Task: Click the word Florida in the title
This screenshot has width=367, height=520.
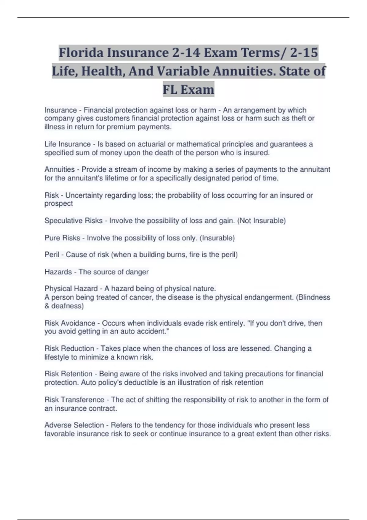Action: pos(80,53)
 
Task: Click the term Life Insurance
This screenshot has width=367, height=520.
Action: pos(68,144)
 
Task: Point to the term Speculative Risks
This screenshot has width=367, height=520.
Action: pos(73,221)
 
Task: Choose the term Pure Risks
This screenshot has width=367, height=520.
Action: pos(62,238)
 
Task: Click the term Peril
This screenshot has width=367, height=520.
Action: pos(52,254)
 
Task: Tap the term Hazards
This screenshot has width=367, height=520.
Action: pos(58,272)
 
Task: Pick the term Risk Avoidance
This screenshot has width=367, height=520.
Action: pos(70,323)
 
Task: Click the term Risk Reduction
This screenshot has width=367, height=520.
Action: pos(69,348)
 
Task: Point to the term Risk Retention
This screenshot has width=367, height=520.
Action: pos(69,374)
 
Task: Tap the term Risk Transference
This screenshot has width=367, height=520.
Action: pos(74,399)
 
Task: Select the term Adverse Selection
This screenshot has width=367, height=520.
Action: pos(74,425)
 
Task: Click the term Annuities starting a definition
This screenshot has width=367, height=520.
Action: pos(60,169)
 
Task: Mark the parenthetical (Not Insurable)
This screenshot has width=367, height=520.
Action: pos(261,221)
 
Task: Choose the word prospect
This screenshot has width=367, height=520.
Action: pos(58,203)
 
